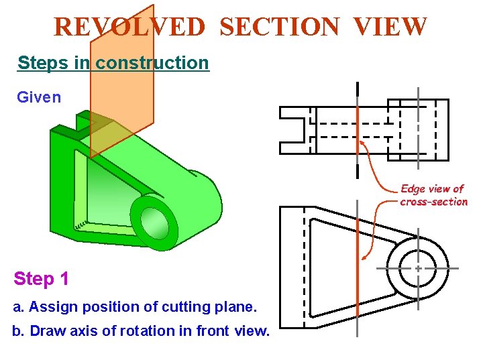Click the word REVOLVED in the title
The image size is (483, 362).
coord(129,27)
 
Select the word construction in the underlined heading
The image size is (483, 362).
coord(152,63)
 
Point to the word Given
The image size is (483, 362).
coord(39,97)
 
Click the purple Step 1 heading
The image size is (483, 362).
coord(41,279)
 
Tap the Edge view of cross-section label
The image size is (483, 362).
coord(433,195)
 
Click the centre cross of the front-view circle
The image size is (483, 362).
coord(417,267)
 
